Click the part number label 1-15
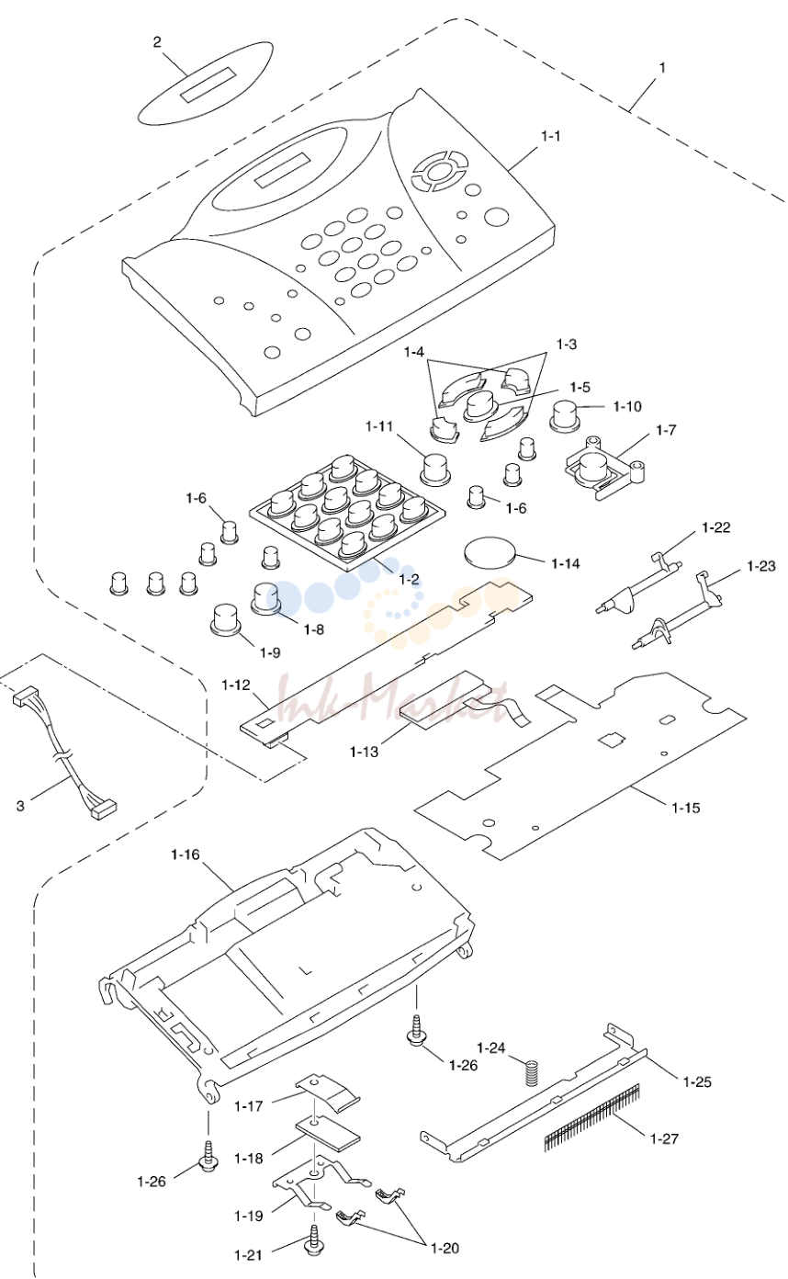coord(685,808)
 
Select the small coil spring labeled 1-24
coord(532,1072)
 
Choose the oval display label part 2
coord(205,83)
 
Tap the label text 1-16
coord(186,855)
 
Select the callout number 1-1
coord(551,136)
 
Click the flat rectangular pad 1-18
coord(328,1131)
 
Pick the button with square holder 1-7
coord(605,468)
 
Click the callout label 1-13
coord(364,752)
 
